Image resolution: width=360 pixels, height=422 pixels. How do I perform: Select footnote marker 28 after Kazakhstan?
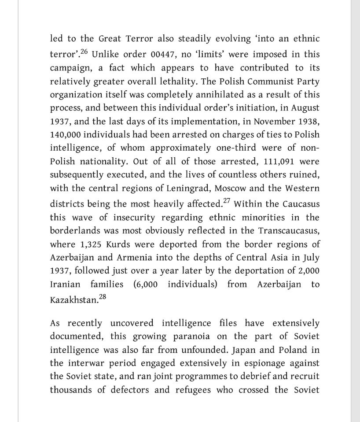pos(102,297)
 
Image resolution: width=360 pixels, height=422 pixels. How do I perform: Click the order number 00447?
pos(165,55)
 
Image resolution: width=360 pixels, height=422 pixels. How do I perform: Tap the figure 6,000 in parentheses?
pos(145,284)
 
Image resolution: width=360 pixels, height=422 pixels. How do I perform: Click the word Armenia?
pos(142,257)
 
